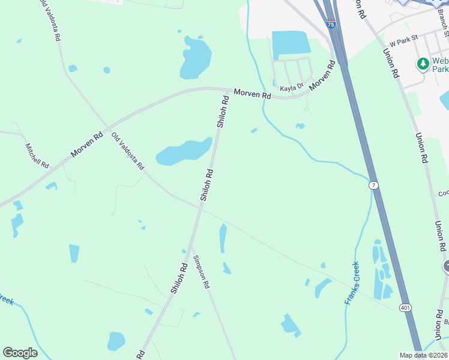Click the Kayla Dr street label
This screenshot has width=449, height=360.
[x=292, y=87]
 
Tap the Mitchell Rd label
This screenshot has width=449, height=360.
[x=37, y=155]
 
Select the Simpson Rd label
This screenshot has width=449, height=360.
[x=201, y=272]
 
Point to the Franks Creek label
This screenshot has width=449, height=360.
[x=352, y=283]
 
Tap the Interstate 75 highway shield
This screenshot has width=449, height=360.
[x=331, y=24]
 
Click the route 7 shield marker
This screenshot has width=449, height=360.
[x=374, y=186]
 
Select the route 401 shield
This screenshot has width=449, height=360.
[x=405, y=307]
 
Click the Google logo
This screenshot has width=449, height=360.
[x=20, y=353]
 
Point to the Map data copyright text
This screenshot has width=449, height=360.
[x=423, y=355]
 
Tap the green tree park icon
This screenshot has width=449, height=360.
[x=423, y=63]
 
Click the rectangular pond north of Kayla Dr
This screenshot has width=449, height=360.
[x=291, y=45]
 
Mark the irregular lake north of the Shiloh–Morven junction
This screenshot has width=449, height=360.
[x=194, y=58]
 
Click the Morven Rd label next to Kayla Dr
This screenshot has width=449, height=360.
[x=322, y=76]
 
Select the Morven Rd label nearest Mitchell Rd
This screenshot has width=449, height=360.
[x=85, y=144]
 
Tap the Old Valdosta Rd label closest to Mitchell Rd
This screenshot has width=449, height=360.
[x=128, y=151]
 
